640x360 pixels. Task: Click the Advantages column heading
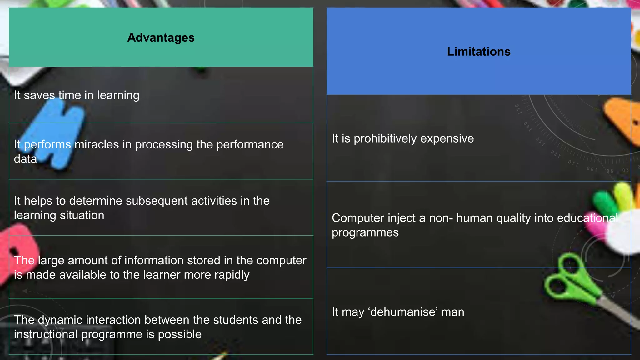click(x=161, y=38)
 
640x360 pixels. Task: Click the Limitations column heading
click(x=478, y=52)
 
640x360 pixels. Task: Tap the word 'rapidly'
click(x=232, y=275)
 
